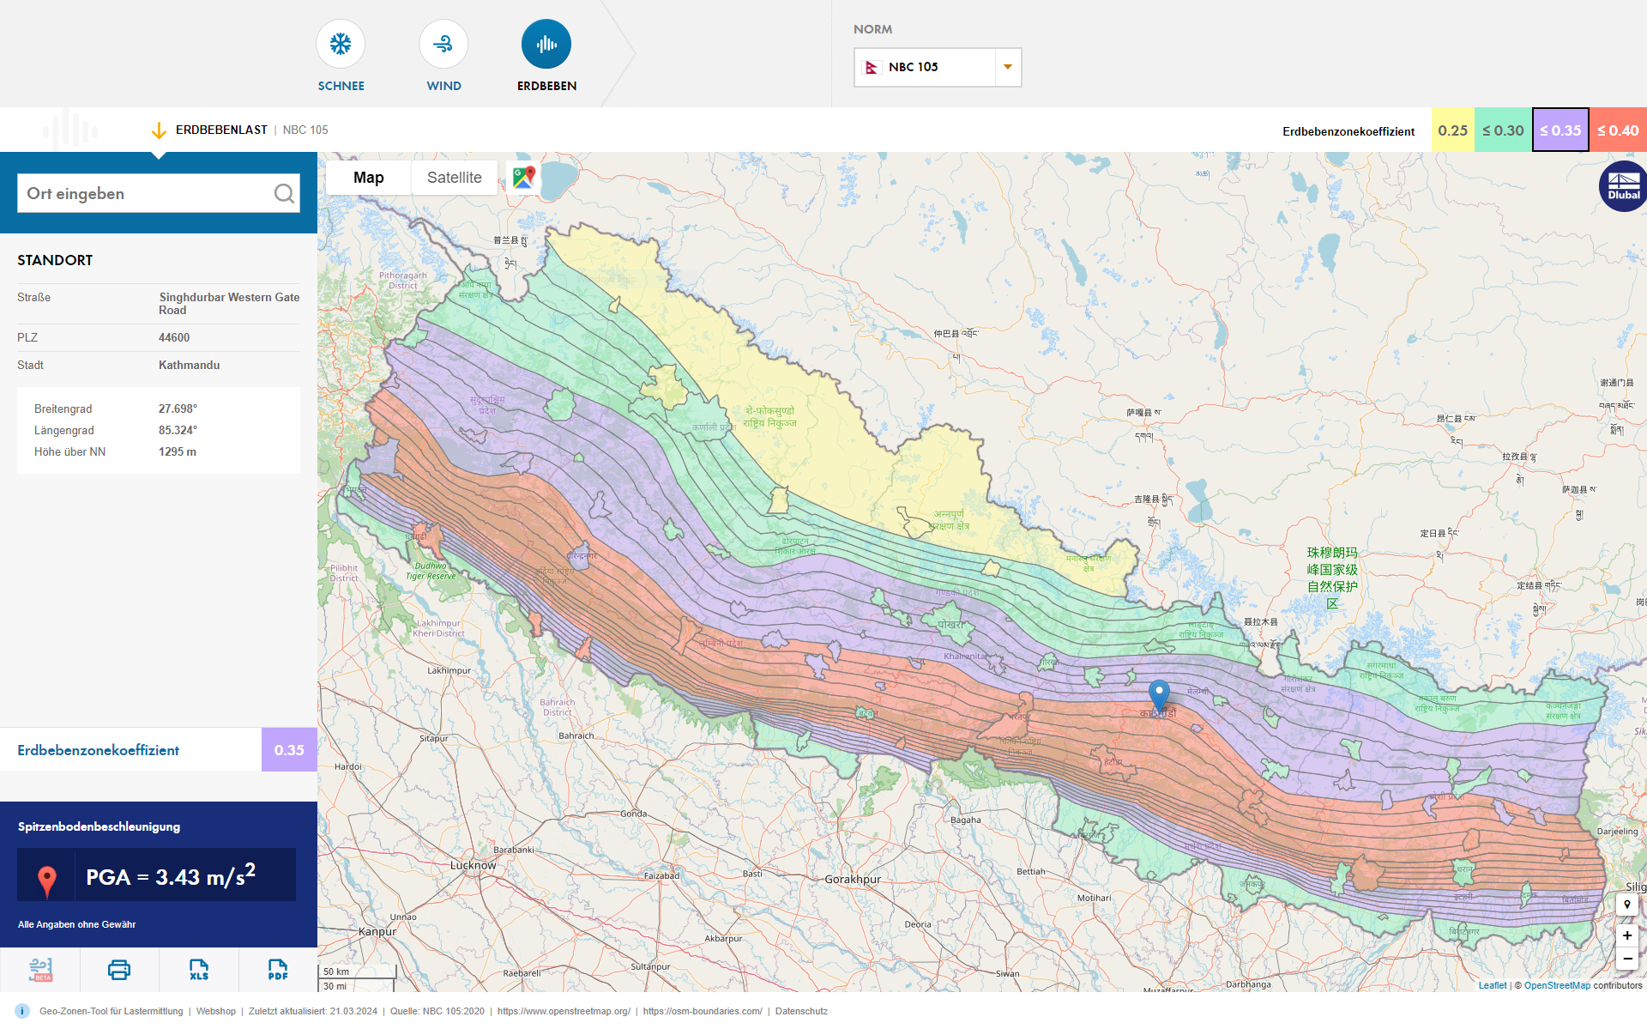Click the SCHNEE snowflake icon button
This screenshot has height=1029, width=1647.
[341, 45]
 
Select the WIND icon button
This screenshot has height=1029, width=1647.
[443, 45]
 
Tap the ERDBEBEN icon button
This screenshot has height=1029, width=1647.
[546, 45]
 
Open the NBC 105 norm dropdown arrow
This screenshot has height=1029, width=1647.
[1008, 67]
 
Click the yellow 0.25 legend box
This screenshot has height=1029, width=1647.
[1452, 130]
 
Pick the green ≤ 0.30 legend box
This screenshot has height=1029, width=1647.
[1503, 130]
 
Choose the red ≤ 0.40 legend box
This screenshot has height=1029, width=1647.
[1618, 130]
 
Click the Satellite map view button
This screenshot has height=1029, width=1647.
[454, 178]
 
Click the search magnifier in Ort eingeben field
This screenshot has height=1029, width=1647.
[284, 194]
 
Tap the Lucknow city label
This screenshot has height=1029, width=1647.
[473, 865]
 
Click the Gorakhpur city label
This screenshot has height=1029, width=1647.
[853, 880]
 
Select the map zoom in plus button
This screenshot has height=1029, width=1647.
[1626, 935]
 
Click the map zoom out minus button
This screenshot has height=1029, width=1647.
[1626, 959]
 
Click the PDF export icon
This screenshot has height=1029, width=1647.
[278, 970]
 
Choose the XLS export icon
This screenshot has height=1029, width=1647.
[199, 970]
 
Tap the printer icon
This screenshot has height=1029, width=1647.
[119, 970]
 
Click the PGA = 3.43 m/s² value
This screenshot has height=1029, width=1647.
[171, 876]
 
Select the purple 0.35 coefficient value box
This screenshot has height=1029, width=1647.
[289, 750]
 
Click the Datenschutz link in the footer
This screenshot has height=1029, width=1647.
[801, 1011]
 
